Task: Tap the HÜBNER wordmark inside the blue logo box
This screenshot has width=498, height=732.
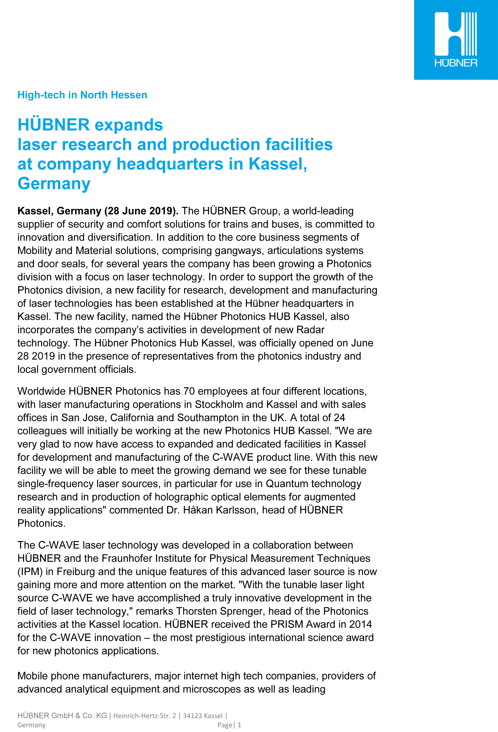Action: (456, 63)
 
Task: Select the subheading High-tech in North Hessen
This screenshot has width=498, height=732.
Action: (82, 95)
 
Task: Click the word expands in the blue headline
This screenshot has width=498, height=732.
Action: (129, 125)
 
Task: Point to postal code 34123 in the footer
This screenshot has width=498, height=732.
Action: (193, 716)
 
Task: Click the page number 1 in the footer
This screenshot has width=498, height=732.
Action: (239, 725)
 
